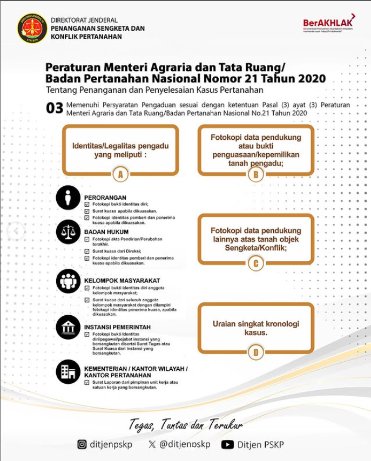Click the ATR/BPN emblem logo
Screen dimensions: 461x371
click(32, 29)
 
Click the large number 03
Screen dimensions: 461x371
click(55, 109)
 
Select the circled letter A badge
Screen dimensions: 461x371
click(120, 174)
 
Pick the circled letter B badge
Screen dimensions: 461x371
click(255, 174)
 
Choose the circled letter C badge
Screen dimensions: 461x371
click(255, 263)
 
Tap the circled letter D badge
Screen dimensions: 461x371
click(255, 352)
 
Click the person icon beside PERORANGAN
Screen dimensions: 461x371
click(68, 198)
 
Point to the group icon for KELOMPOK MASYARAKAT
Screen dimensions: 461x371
click(68, 281)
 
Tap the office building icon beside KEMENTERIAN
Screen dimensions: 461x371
click(68, 372)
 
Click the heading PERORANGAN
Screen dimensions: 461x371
click(105, 198)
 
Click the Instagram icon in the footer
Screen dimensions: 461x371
click(82, 444)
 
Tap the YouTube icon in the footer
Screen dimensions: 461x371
click(227, 444)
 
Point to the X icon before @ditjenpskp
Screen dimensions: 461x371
click(152, 444)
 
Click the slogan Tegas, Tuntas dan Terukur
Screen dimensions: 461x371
click(185, 425)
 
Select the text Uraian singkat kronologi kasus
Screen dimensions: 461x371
click(255, 328)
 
